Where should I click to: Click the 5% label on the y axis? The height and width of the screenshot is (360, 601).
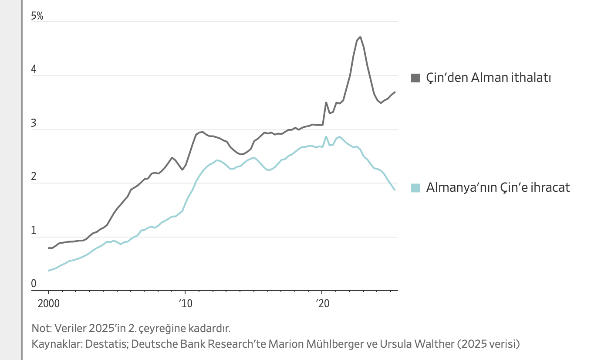coord(37,17)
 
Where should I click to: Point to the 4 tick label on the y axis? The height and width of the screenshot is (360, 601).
coord(34,70)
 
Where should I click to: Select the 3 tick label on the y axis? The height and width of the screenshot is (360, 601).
coord(34,124)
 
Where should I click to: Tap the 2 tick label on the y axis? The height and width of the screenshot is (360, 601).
coord(34,177)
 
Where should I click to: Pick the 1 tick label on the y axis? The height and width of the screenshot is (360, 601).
coord(34,231)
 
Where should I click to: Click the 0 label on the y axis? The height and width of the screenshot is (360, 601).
coord(34,284)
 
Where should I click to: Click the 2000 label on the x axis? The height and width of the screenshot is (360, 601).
coord(48,303)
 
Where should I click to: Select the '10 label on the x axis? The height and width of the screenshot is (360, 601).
coord(185,303)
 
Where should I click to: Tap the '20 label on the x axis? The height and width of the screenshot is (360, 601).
coord(322,303)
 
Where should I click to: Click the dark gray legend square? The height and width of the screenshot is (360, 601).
coord(415,78)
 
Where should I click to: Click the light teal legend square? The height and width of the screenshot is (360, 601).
coord(415,188)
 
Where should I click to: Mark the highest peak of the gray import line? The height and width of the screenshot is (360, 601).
coord(360,37)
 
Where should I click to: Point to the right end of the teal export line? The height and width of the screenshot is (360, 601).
coord(395,190)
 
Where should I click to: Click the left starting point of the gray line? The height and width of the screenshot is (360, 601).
coord(48,248)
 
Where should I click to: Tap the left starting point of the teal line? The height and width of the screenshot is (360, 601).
coord(48,271)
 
